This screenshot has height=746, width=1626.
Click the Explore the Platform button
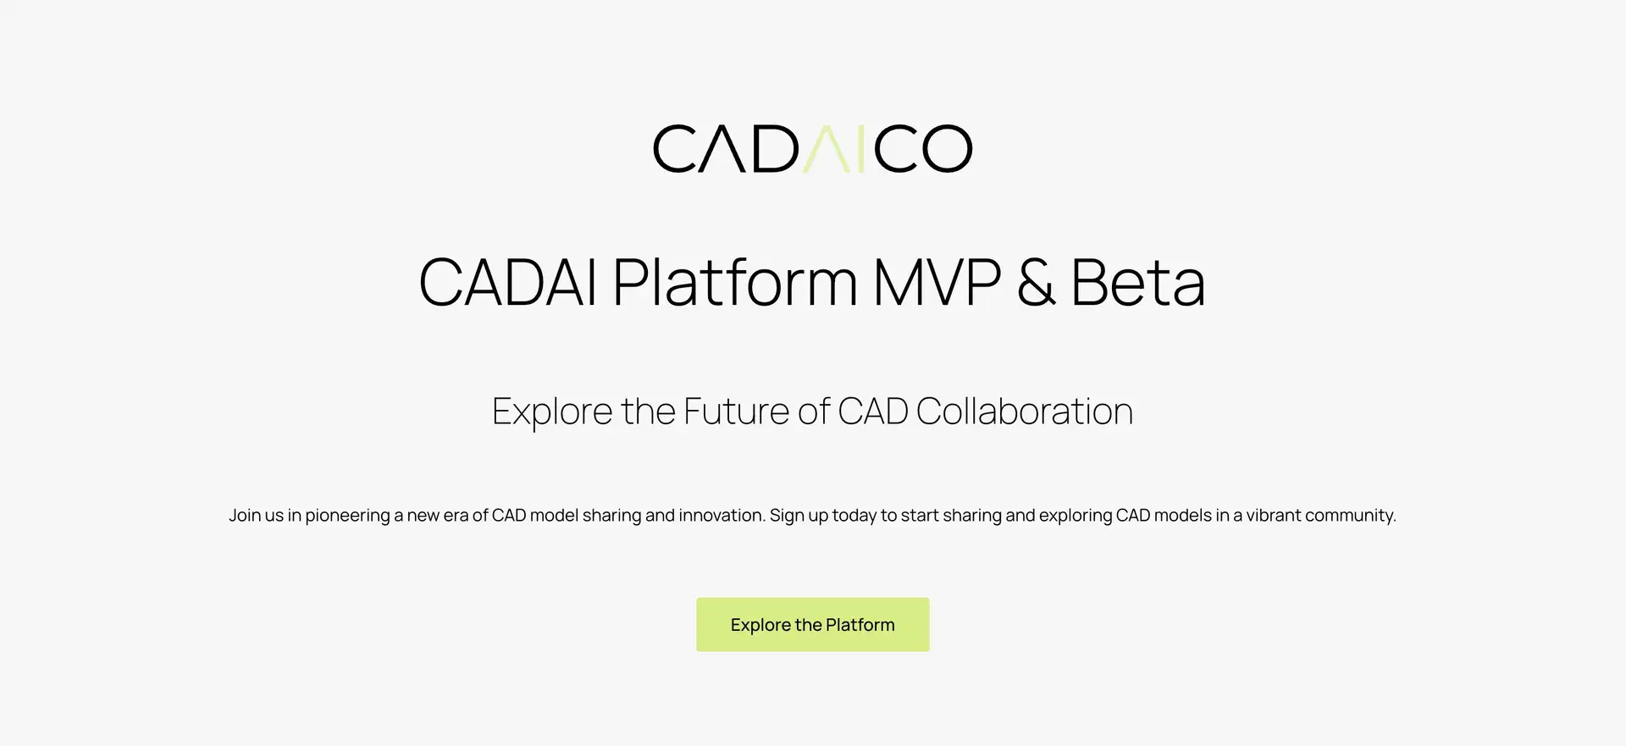(x=813, y=625)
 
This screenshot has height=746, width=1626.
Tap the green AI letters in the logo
(x=834, y=149)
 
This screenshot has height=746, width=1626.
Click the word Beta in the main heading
(x=1137, y=282)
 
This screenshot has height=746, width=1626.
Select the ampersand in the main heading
(x=1036, y=282)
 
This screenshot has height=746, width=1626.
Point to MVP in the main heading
(x=937, y=282)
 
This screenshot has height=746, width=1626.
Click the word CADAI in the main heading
(x=508, y=282)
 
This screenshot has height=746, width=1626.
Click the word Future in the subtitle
(x=737, y=412)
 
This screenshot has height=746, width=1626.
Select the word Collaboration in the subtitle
(x=1024, y=412)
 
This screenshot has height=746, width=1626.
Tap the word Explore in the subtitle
(x=552, y=412)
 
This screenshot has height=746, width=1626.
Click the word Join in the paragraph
(x=244, y=515)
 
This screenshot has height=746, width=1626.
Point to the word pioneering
(x=347, y=516)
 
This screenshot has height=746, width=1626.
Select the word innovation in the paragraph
(x=722, y=515)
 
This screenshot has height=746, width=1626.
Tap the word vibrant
(x=1273, y=515)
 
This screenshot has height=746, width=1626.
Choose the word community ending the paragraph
(x=1350, y=516)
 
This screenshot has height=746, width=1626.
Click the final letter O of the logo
(x=947, y=149)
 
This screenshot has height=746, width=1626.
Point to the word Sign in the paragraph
(x=787, y=516)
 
